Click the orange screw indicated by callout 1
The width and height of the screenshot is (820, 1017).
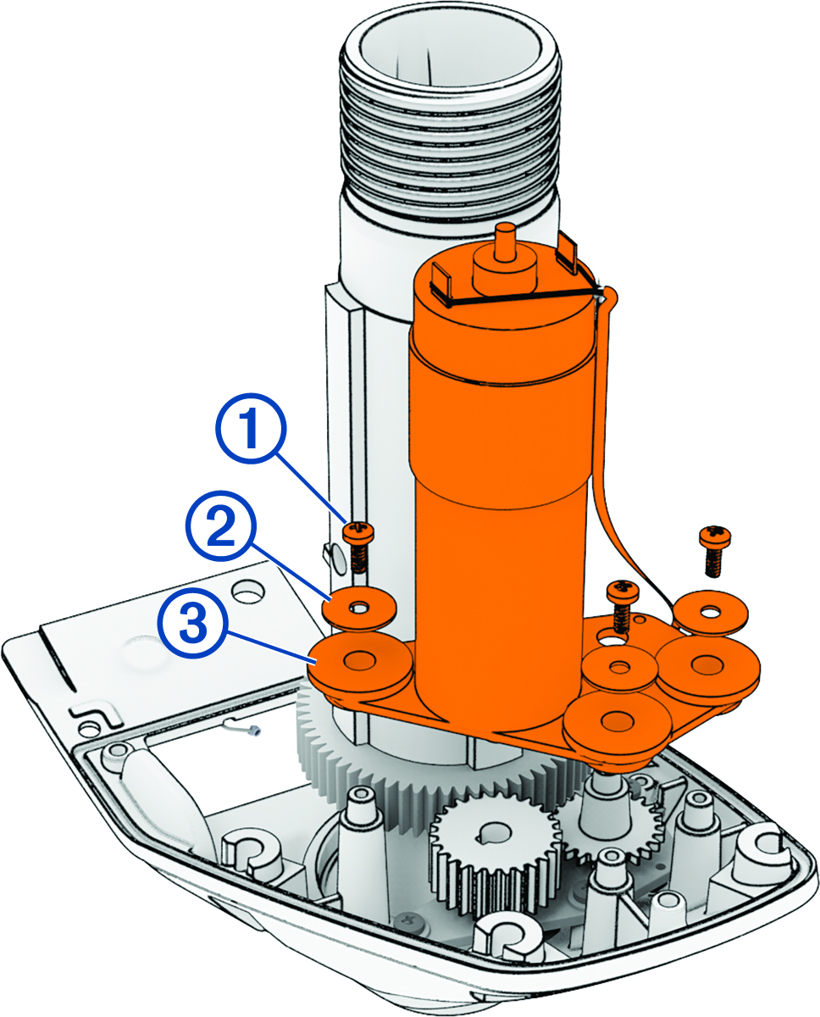(357, 542)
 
